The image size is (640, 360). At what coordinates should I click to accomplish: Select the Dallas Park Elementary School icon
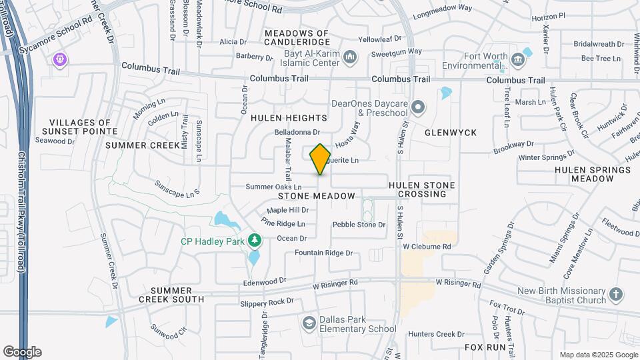(x=309, y=323)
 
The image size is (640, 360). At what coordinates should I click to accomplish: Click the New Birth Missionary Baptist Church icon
(x=617, y=294)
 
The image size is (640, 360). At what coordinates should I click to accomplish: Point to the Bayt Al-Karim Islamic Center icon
(x=350, y=59)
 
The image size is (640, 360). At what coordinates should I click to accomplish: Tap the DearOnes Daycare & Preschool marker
(x=418, y=107)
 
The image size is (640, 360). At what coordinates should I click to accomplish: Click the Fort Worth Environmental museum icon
(x=517, y=60)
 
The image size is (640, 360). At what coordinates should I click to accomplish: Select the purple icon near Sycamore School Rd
(x=61, y=60)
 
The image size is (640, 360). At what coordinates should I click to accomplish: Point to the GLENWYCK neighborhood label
(x=451, y=133)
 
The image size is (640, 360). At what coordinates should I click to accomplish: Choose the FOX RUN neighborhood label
(x=484, y=347)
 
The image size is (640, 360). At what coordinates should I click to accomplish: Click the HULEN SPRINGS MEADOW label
(x=593, y=175)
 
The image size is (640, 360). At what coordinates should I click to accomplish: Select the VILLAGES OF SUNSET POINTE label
(x=80, y=127)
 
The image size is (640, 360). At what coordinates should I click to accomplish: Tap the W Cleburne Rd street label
(x=427, y=246)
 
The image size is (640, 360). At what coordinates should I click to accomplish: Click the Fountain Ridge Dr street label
(x=323, y=253)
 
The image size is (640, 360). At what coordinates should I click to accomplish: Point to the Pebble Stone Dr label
(x=359, y=225)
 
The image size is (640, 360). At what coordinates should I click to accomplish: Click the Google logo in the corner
(x=22, y=351)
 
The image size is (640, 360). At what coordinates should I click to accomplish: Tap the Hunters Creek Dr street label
(x=436, y=334)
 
